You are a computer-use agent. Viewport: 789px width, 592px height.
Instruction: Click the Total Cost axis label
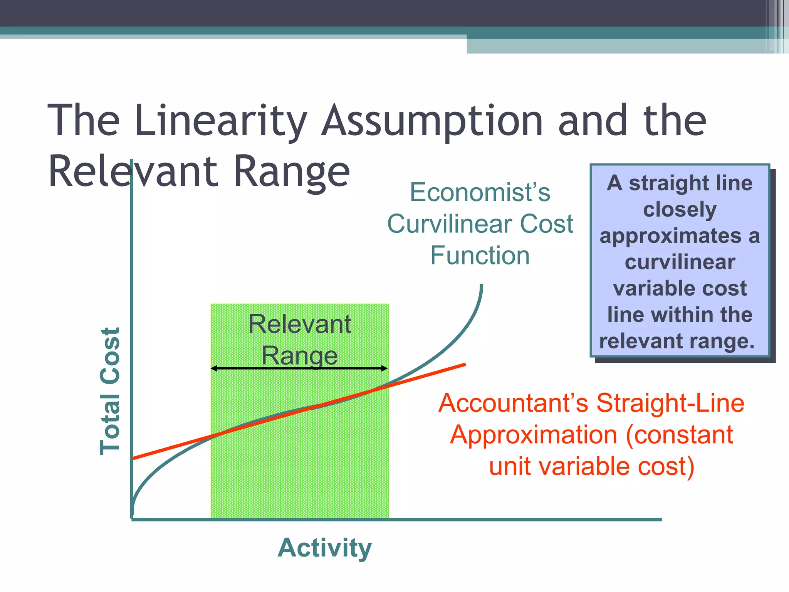coord(110,391)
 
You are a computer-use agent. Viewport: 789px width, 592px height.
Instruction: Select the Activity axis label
coord(324,547)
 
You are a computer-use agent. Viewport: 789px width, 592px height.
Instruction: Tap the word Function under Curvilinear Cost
coord(480,256)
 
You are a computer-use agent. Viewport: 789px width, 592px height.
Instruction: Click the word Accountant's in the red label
coord(513,403)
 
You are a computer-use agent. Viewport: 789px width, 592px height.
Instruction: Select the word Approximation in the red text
coord(534,435)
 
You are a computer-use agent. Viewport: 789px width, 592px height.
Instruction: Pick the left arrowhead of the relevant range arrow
coord(213,368)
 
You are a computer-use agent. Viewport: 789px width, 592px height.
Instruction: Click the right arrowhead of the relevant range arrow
coord(385,368)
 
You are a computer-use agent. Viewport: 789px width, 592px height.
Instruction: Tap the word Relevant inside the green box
coord(299,324)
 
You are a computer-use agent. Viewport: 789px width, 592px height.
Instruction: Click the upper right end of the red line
coord(464,364)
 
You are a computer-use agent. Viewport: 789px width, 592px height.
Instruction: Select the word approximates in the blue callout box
coord(670,236)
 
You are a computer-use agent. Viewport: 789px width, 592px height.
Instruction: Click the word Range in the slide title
coord(292,172)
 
